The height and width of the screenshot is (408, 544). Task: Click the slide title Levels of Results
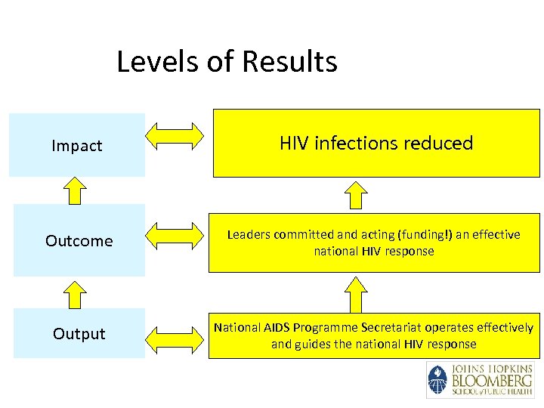[227, 61]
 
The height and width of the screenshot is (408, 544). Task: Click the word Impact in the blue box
[76, 146]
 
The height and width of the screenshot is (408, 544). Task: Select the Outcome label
[79, 241]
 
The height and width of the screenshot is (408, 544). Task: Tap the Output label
[79, 334]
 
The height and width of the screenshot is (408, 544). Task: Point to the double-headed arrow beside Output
[175, 333]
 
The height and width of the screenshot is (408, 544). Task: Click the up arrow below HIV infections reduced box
[354, 196]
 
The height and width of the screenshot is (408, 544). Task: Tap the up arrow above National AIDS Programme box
[354, 294]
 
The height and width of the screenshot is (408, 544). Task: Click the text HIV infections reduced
[376, 143]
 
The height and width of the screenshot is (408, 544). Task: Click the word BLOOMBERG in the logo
[491, 380]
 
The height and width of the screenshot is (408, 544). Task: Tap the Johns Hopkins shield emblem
[437, 380]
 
